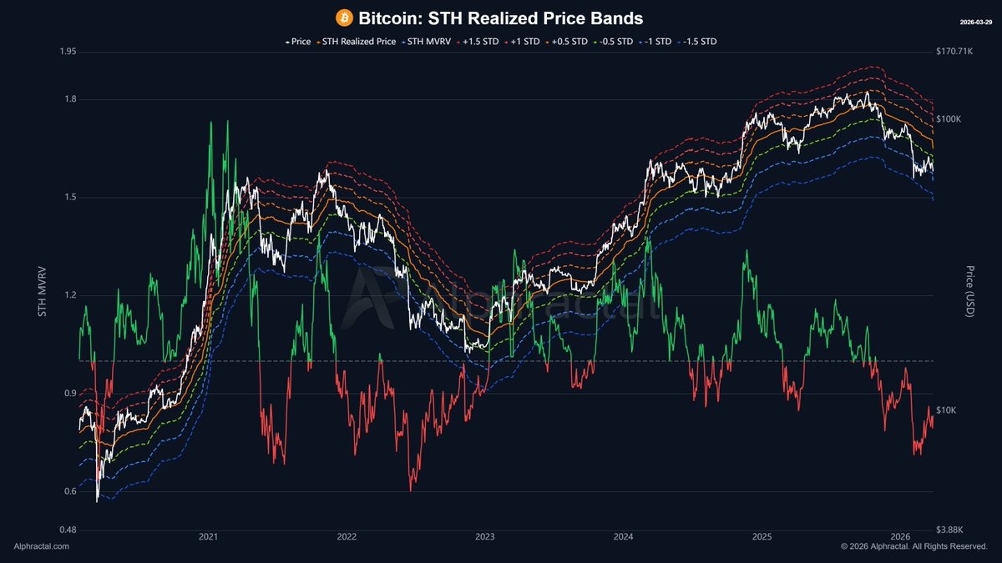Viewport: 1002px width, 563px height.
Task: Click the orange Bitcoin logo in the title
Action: point(344,18)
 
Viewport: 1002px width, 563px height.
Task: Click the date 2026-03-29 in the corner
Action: point(974,21)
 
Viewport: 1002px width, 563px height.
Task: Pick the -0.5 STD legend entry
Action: point(613,40)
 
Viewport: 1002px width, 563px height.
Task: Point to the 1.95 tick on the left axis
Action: point(68,52)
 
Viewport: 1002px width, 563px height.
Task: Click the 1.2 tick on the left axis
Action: point(70,295)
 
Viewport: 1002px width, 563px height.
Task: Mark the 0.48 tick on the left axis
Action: point(68,530)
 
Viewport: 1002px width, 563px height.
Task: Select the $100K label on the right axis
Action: point(949,119)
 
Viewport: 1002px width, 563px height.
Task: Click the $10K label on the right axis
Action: point(947,410)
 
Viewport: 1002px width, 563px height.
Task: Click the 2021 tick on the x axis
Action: point(209,536)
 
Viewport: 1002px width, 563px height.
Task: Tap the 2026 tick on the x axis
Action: point(901,536)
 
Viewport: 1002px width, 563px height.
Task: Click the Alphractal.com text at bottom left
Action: point(42,546)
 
